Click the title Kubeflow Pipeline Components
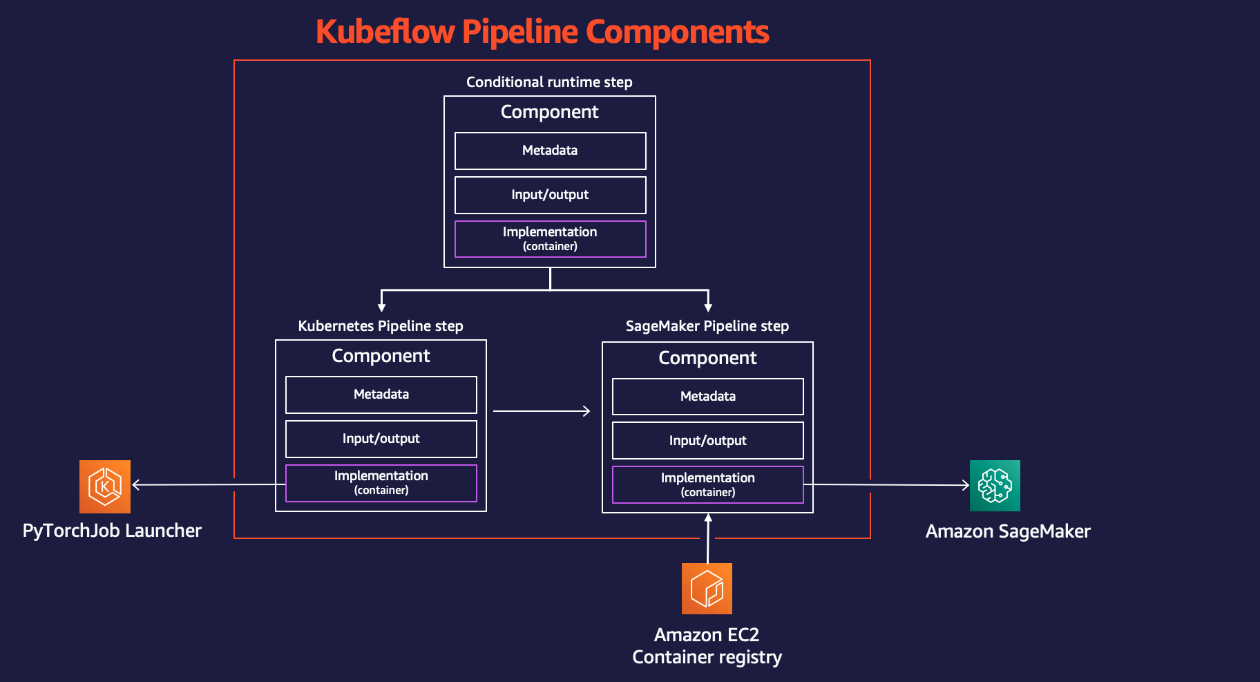coord(542,32)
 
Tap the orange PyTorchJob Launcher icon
coord(105,486)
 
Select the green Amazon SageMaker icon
coord(995,486)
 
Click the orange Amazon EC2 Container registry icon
coord(707,589)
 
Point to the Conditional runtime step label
coord(549,82)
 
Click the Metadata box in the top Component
coord(550,151)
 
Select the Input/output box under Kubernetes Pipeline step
coord(381,439)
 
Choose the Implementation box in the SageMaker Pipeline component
coord(707,484)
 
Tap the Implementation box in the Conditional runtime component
coord(550,239)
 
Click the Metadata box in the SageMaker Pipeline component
coord(707,397)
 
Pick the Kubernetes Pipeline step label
coord(381,326)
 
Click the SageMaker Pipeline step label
coord(707,326)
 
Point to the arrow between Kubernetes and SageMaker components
coord(542,411)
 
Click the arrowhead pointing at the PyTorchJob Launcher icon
coord(136,485)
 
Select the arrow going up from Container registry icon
coord(708,539)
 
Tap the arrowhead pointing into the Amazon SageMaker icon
coord(966,485)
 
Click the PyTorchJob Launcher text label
coord(112,531)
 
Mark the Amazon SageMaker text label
coord(1007,531)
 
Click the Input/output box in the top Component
coord(550,195)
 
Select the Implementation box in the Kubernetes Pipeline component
coord(381,483)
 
